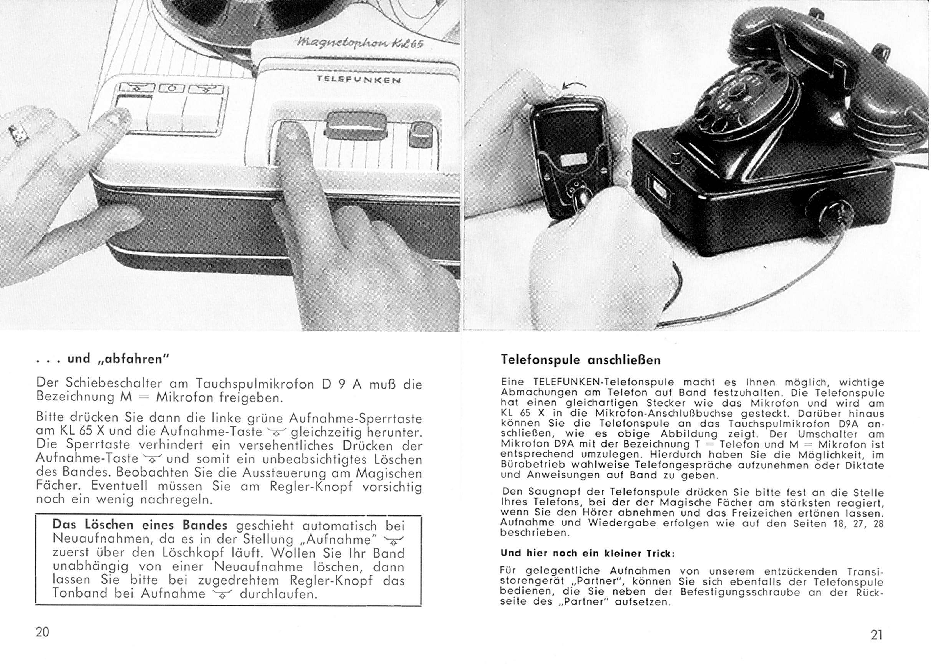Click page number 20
point(43,632)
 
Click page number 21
point(876,635)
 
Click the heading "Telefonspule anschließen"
point(580,360)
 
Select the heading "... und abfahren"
point(103,359)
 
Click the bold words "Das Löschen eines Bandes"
point(140,525)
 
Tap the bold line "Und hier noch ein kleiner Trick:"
point(587,553)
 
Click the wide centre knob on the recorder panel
point(355,123)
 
